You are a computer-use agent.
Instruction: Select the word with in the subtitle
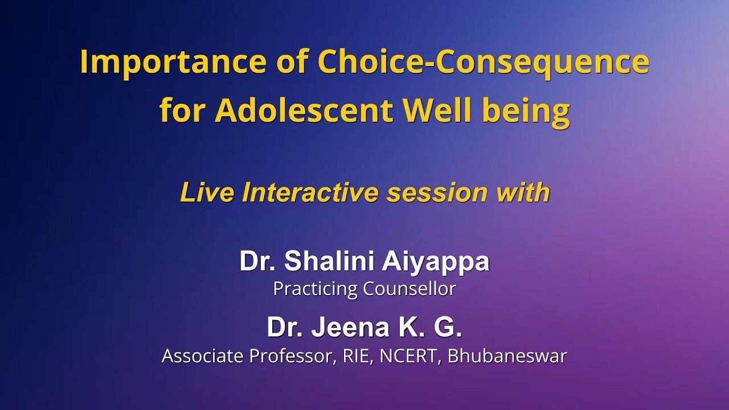(x=522, y=193)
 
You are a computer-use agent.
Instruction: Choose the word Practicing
(x=315, y=289)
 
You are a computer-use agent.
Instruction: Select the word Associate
(x=205, y=356)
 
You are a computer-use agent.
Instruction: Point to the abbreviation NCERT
(x=409, y=356)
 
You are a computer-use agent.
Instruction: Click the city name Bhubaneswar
(x=507, y=356)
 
